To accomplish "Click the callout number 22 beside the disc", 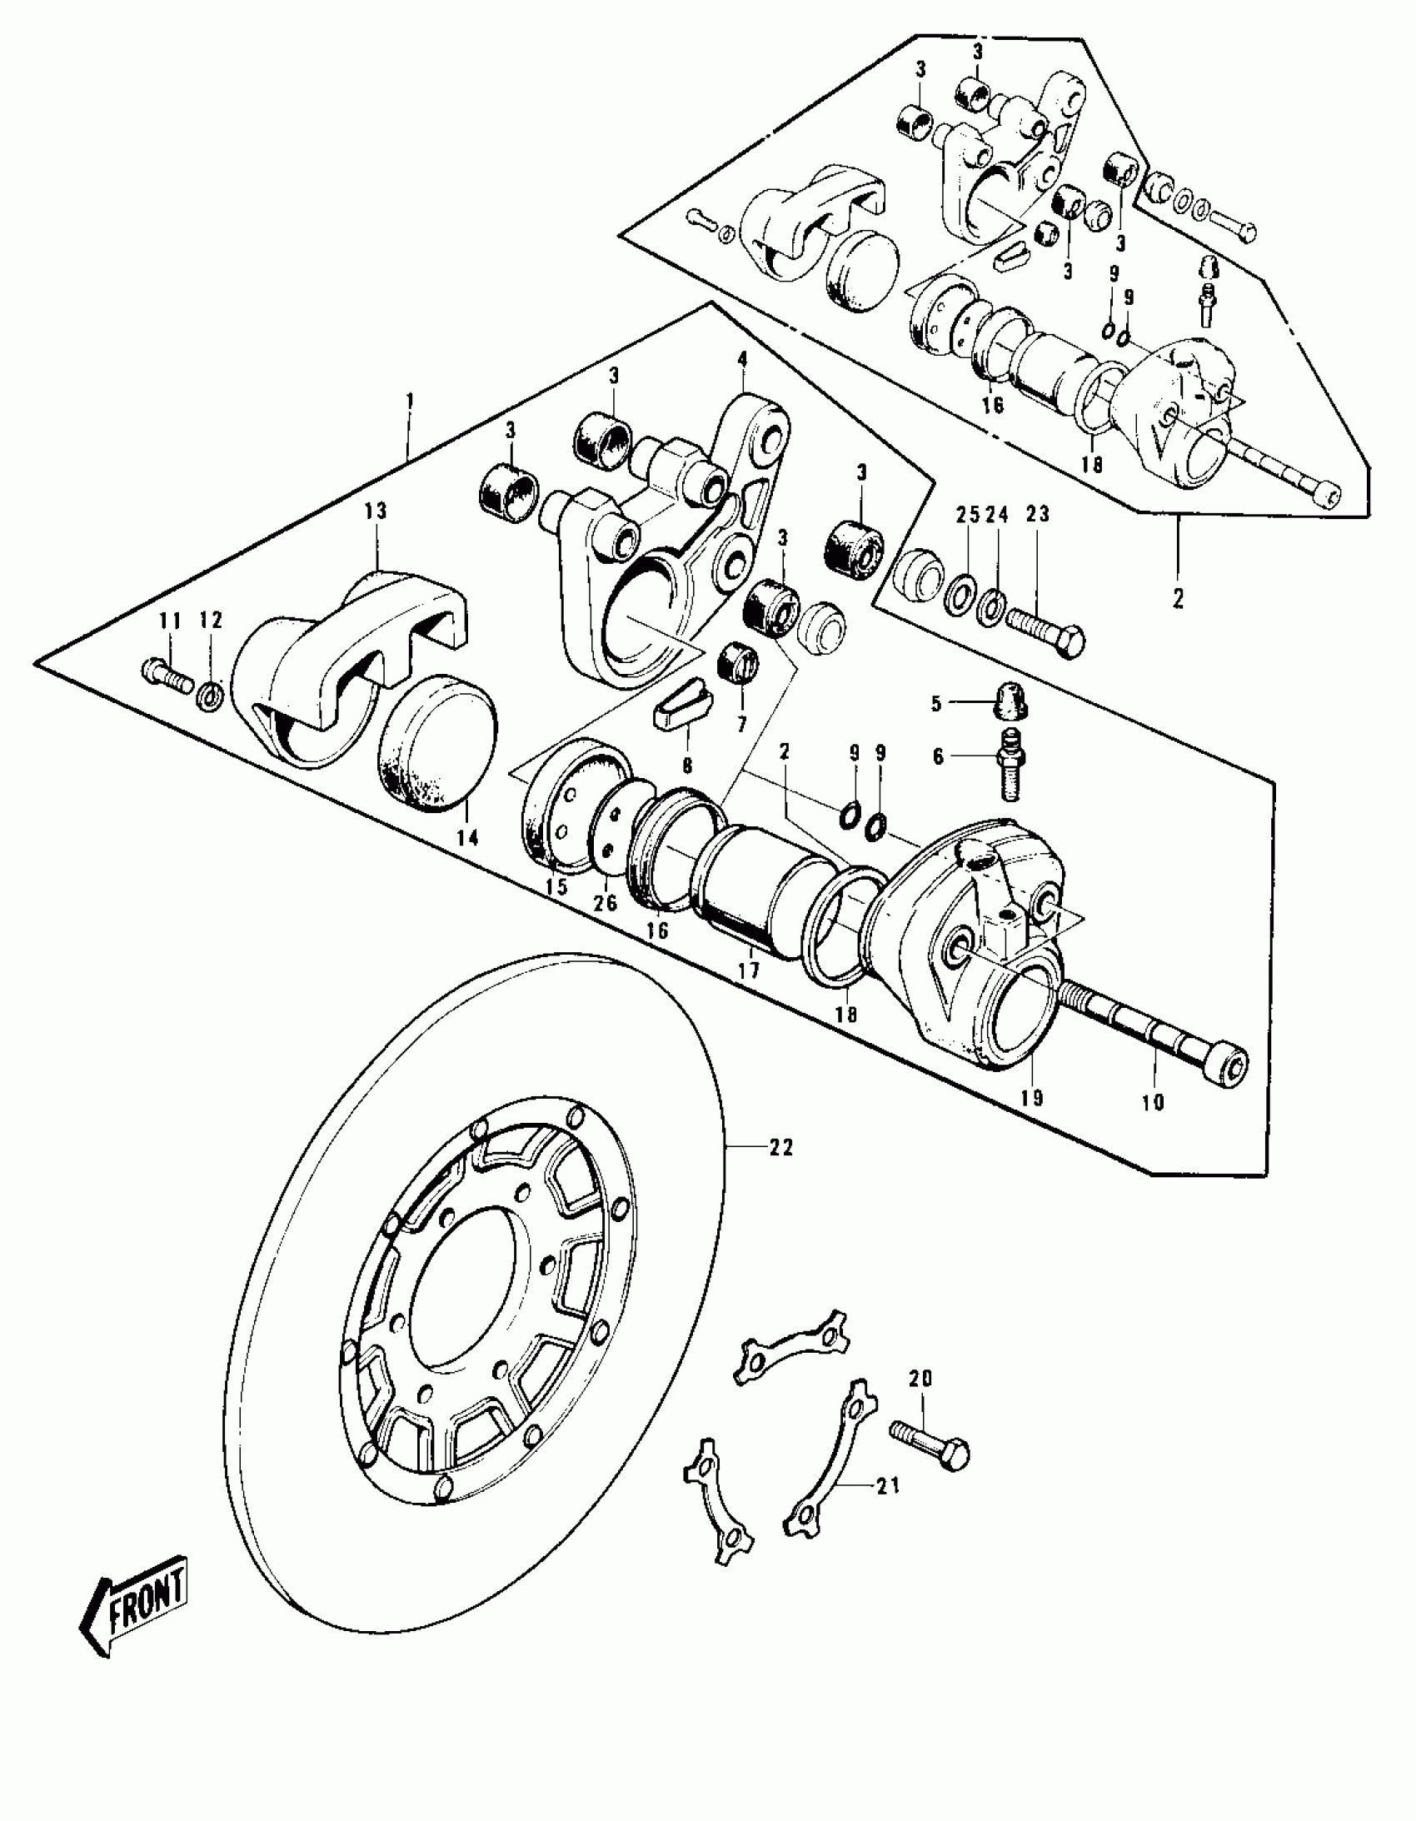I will click(x=780, y=1148).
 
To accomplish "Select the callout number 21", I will click(x=889, y=1486).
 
